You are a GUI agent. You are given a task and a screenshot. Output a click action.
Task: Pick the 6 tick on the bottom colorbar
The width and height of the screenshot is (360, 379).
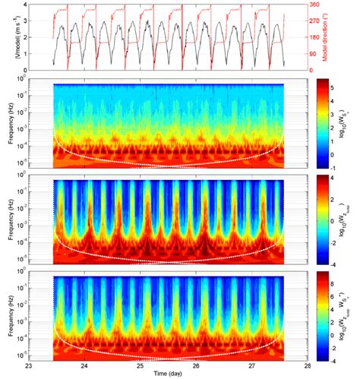333,295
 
